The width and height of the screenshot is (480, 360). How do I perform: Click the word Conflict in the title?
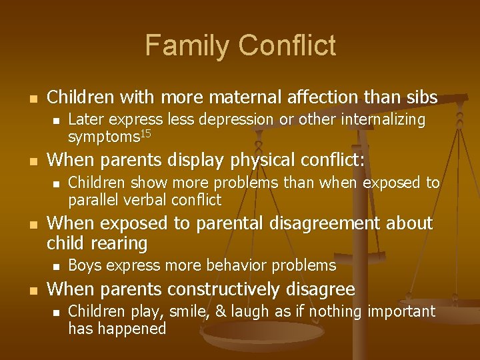click(x=287, y=46)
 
